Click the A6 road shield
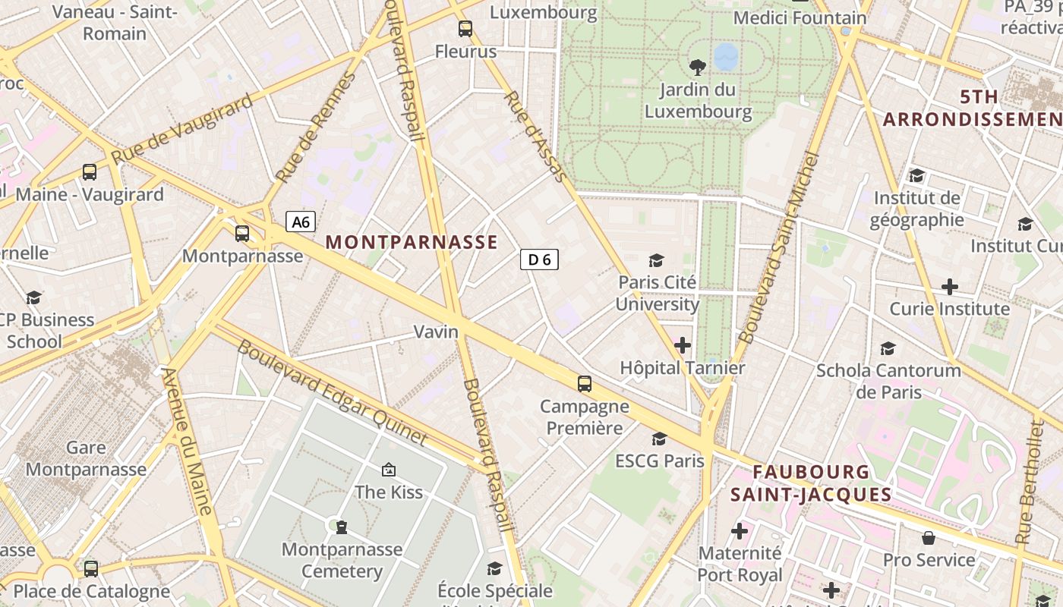[x=301, y=222]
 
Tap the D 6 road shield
[x=539, y=259]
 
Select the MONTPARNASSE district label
[x=412, y=242]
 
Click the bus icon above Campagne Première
[x=584, y=384]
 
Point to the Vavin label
[x=436, y=332]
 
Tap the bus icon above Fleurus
[x=465, y=30]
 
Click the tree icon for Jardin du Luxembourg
[x=697, y=67]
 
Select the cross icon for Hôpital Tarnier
[x=683, y=345]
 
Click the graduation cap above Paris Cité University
[x=656, y=260]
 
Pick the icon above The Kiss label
[x=389, y=470]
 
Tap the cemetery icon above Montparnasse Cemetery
[x=342, y=527]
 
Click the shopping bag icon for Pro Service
[x=928, y=538]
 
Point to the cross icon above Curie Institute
[x=949, y=287]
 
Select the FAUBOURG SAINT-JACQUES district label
[x=811, y=483]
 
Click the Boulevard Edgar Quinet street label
[x=333, y=392]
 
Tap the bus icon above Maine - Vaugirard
[x=90, y=172]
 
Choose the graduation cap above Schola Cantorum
[x=888, y=348]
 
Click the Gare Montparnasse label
[x=86, y=458]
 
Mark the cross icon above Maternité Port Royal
[x=740, y=531]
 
